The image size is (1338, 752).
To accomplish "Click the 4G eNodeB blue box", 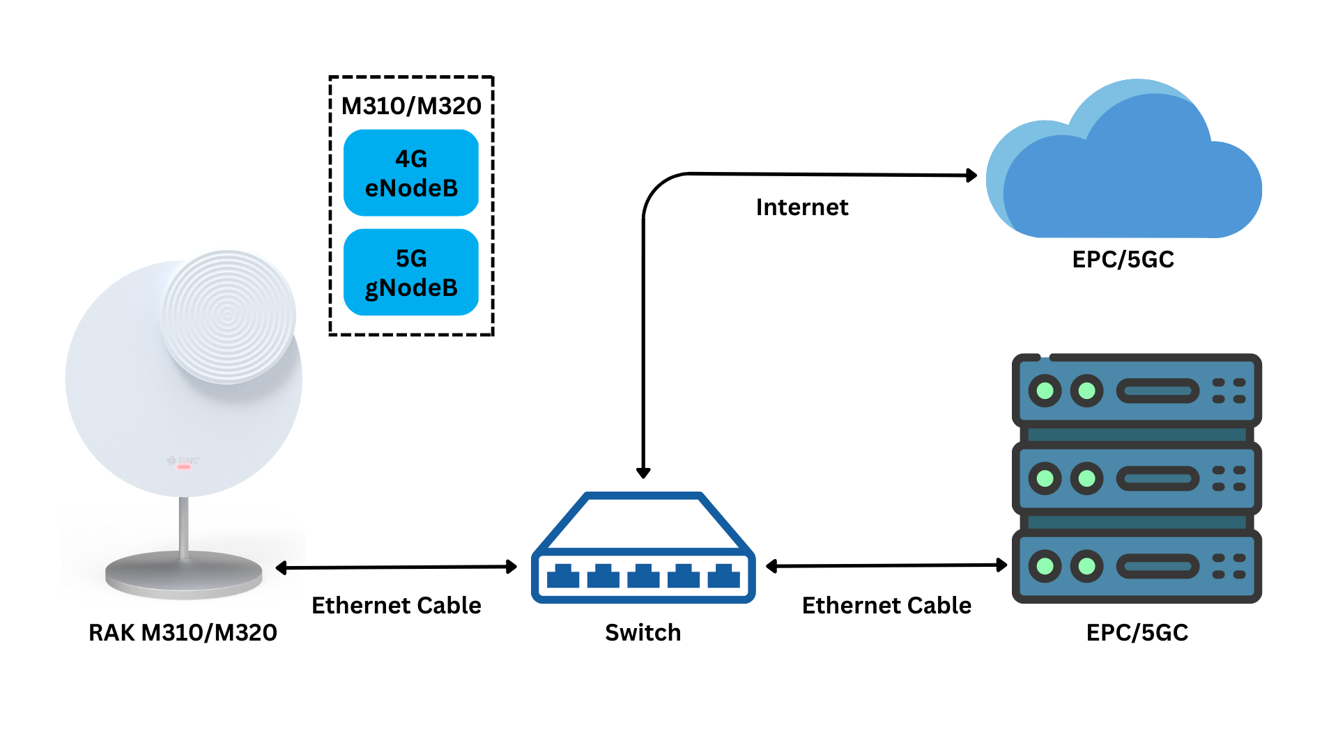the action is [411, 173].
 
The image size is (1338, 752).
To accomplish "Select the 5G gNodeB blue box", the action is [411, 272].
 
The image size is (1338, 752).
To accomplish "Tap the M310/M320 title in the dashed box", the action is [411, 106].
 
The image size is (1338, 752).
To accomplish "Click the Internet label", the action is [802, 207].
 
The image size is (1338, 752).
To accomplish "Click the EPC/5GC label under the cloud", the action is [1123, 259].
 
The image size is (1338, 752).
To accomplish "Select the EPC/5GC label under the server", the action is [1137, 632].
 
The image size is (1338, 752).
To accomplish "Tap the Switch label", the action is [643, 632].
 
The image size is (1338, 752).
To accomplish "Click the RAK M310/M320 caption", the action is [183, 632].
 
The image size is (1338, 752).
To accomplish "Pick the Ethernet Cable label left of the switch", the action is [396, 605].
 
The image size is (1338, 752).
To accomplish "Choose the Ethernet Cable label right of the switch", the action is [886, 605].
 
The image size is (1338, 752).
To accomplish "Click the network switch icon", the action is [643, 547].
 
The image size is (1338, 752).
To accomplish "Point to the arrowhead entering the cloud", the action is [971, 175].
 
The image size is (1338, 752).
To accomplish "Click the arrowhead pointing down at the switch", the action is [643, 473].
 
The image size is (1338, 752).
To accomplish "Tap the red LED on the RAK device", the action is [184, 467].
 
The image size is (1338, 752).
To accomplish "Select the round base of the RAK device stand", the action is [184, 574].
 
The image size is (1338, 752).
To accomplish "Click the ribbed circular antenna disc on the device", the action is [229, 317].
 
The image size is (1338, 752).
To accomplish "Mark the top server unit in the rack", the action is [1137, 390].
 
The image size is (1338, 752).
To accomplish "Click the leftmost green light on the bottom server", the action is [1045, 565].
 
